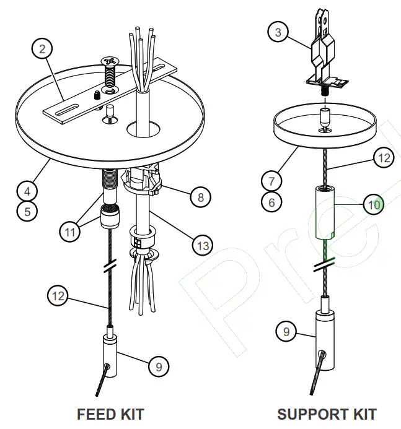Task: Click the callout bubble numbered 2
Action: (42, 49)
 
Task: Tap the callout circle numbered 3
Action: (279, 32)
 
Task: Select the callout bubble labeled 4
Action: (27, 189)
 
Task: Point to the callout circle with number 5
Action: (27, 210)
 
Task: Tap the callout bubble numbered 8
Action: (200, 197)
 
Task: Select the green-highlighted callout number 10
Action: (373, 204)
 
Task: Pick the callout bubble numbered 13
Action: (202, 246)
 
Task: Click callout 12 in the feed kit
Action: (58, 296)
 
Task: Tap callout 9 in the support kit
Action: (286, 332)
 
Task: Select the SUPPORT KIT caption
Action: (327, 414)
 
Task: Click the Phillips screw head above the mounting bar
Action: (110, 62)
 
